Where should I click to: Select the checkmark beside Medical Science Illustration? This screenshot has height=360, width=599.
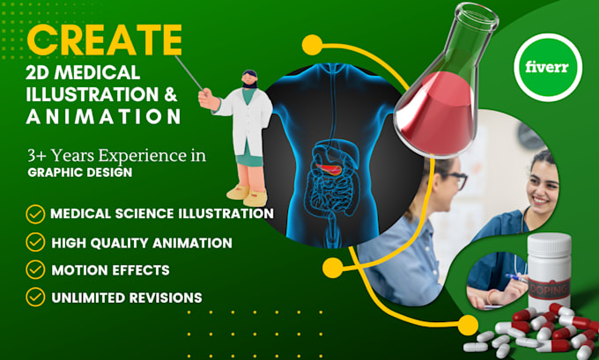[x=35, y=213]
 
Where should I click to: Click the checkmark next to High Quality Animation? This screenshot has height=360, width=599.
[x=35, y=241]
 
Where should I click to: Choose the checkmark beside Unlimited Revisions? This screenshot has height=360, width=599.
[x=35, y=297]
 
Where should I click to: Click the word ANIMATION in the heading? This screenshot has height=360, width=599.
[x=102, y=116]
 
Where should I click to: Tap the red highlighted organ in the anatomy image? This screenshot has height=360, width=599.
[x=332, y=165]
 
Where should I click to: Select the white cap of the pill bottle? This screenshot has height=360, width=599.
[x=548, y=246]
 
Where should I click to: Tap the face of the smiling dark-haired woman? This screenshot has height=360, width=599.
[x=544, y=187]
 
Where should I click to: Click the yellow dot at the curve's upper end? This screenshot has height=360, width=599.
[x=309, y=43]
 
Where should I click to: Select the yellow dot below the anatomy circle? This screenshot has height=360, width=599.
[x=333, y=265]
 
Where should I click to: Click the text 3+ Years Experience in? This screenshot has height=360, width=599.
[x=115, y=156]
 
